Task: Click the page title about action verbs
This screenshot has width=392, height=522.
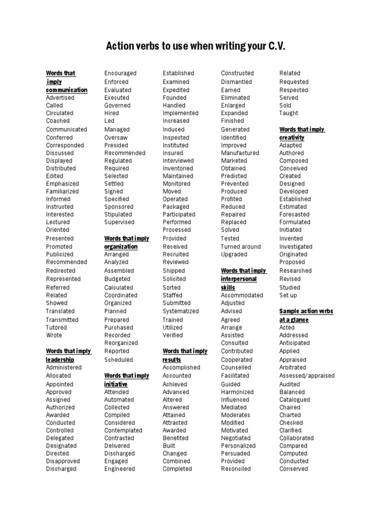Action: pos(195,47)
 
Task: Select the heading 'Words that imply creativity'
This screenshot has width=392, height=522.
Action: pos(302,133)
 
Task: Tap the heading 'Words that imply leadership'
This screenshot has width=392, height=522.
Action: pos(68,355)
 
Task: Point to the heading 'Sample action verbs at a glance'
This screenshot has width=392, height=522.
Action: pos(306,315)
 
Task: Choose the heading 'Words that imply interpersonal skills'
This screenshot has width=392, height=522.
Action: pos(243,279)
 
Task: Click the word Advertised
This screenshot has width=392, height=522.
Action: pos(60,97)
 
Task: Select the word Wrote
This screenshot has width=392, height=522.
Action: pos(54,335)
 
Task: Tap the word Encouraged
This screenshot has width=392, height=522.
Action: pos(120,73)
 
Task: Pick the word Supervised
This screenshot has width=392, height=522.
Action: pos(119,222)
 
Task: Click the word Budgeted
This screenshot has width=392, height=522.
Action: pos(117,279)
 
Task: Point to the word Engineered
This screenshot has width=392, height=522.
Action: pos(119,469)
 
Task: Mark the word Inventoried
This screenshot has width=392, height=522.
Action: pos(178,168)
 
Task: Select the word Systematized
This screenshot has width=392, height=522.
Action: pos(181,311)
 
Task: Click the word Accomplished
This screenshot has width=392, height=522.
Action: pos(181,368)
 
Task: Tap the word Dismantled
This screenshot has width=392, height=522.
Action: pos(236,82)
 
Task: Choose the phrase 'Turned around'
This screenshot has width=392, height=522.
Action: pos(240,247)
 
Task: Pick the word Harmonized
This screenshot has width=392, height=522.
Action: pos(237,392)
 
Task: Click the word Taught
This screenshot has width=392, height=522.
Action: pos(289,113)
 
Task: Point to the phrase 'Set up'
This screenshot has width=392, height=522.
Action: pos(288,295)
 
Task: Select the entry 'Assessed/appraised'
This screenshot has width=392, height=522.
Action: pos(307,376)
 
